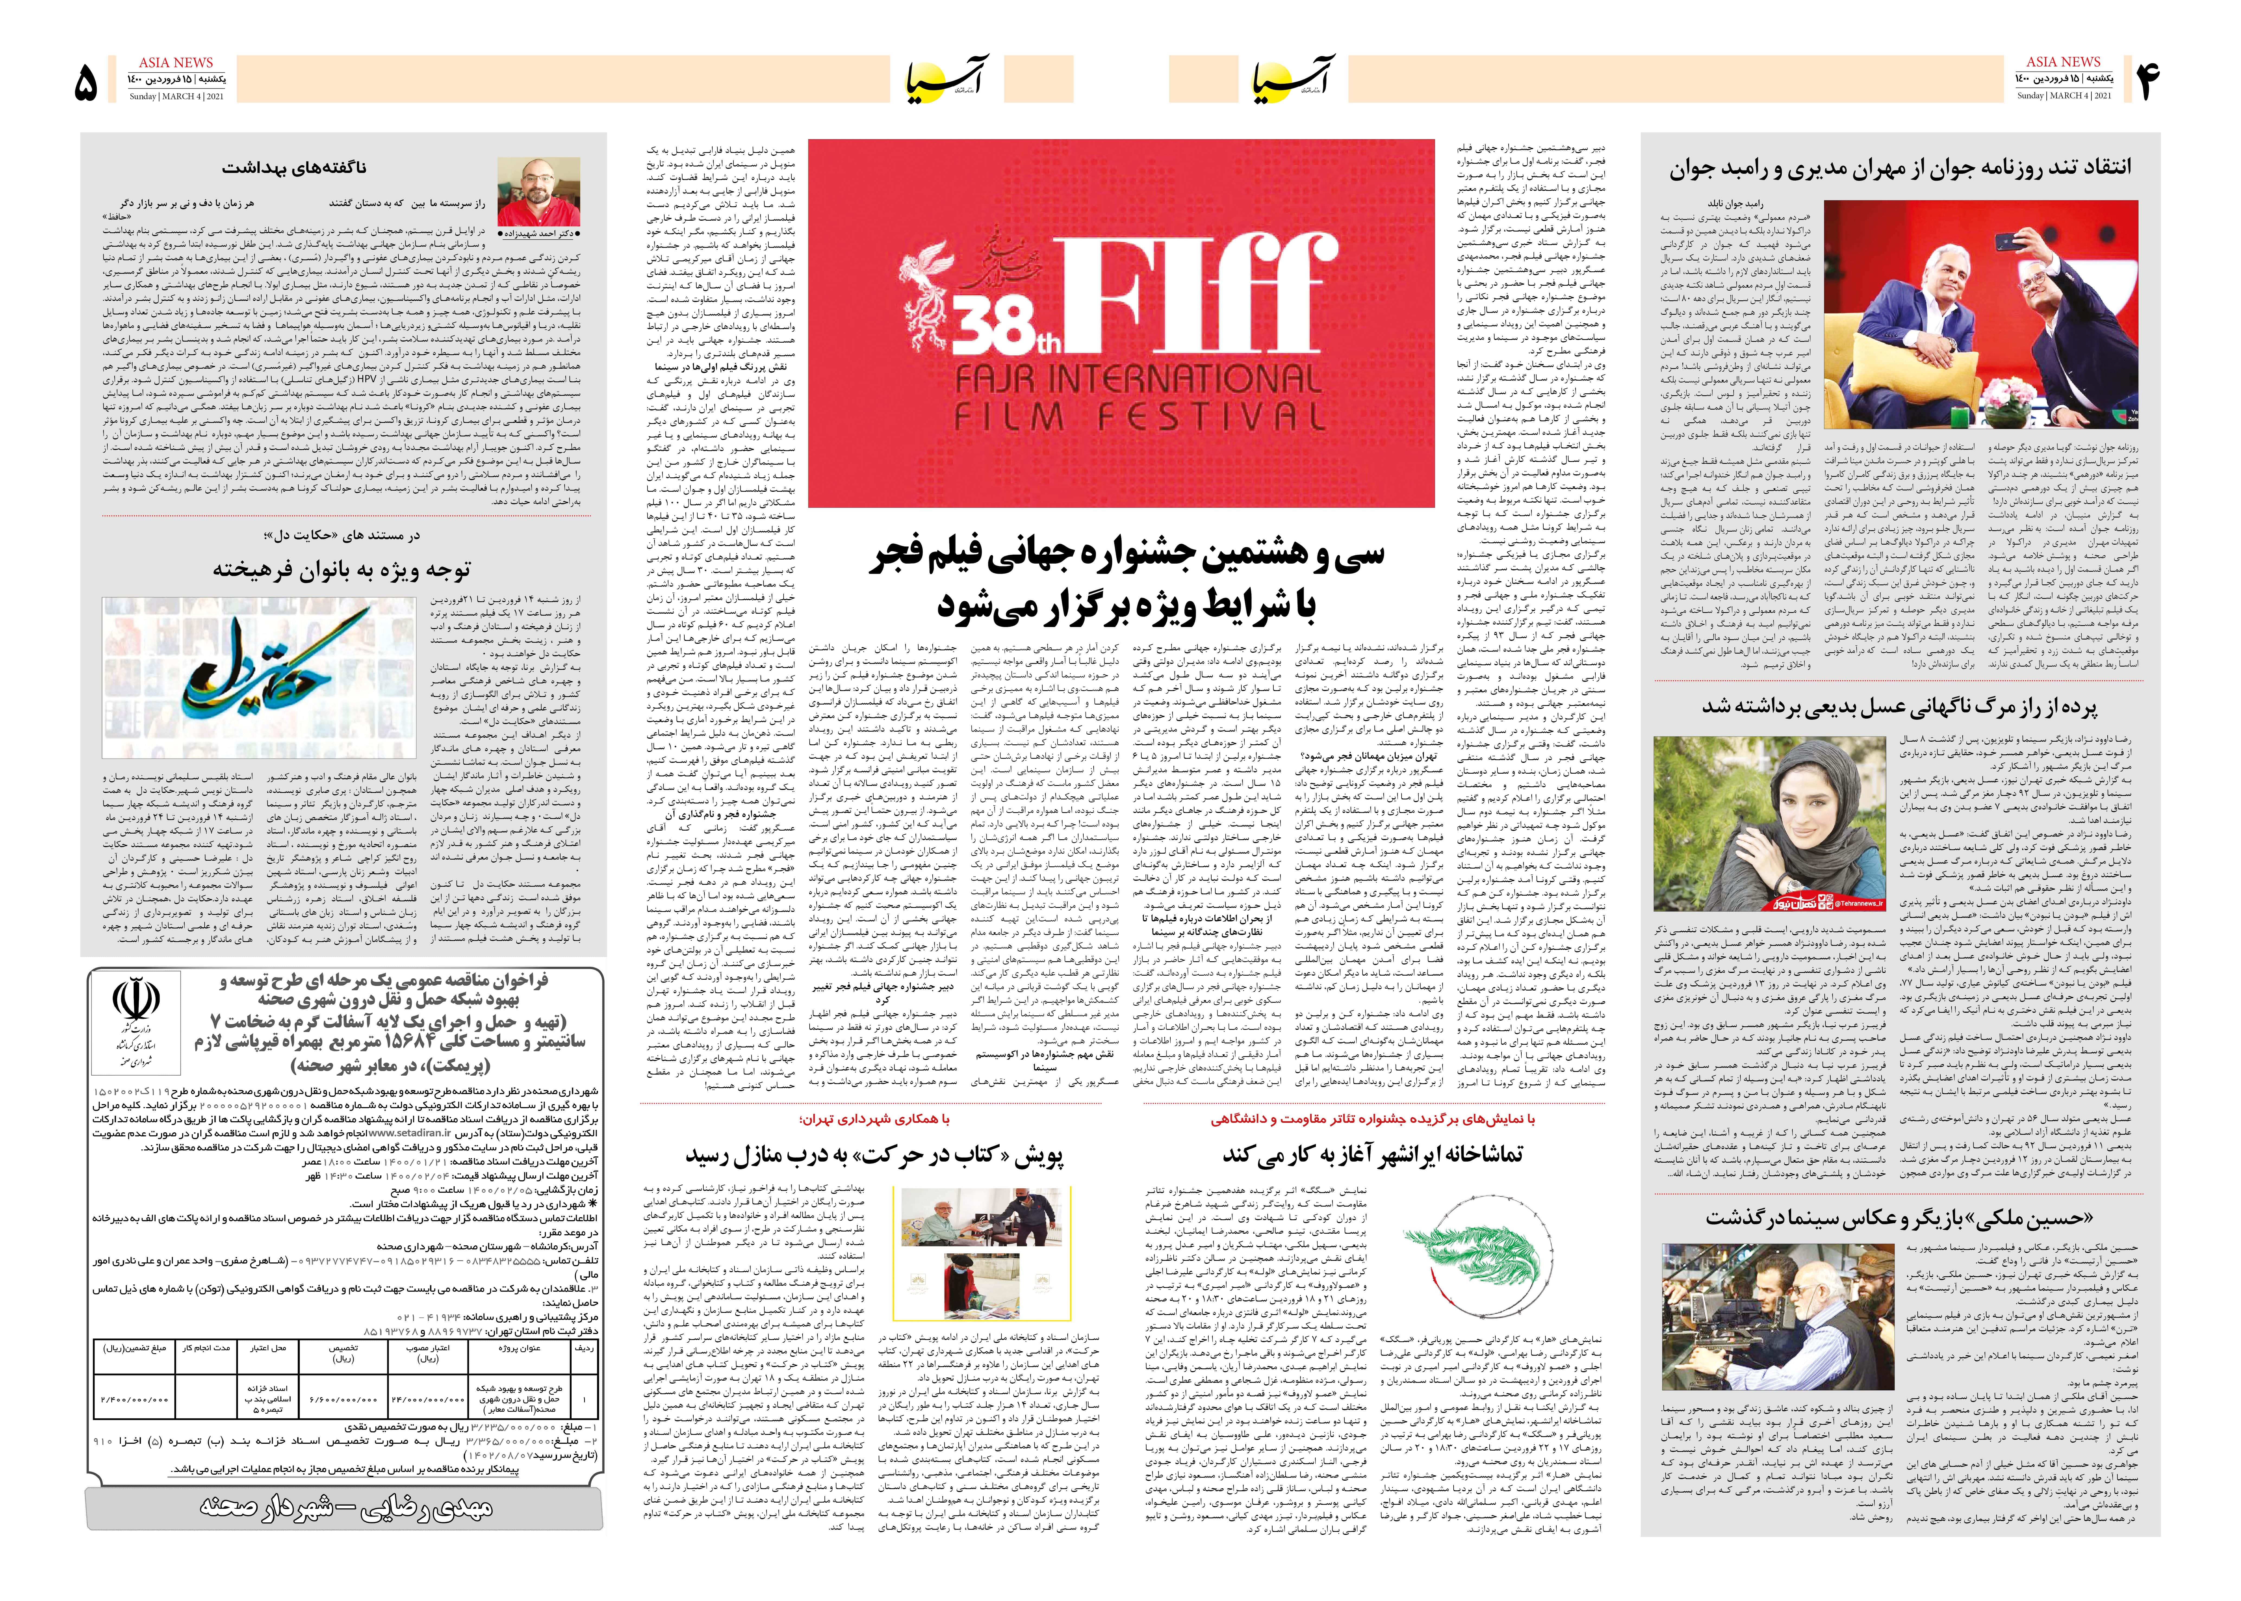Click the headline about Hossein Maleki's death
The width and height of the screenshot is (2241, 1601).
point(1899,1219)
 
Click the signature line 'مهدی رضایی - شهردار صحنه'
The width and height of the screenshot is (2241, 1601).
point(345,1506)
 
